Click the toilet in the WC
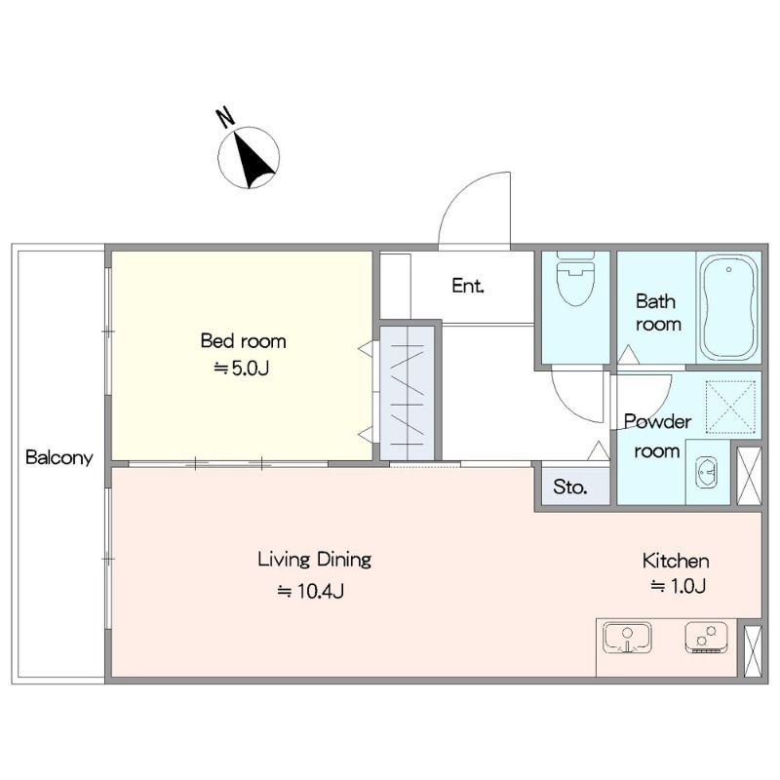click(x=576, y=280)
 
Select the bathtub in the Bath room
click(x=728, y=307)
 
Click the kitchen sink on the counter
click(x=627, y=638)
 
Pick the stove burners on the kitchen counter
click(x=706, y=638)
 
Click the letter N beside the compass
click(x=225, y=117)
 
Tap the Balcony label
click(x=59, y=457)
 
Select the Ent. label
click(x=468, y=286)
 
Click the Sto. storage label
click(x=570, y=487)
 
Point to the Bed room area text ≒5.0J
click(x=242, y=369)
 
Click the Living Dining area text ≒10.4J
click(x=310, y=591)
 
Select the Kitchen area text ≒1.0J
click(x=679, y=586)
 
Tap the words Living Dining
click(x=314, y=560)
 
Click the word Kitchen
click(x=676, y=562)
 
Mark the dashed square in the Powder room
click(x=730, y=404)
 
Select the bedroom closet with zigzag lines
click(x=408, y=393)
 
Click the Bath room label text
click(x=657, y=313)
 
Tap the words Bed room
click(x=243, y=341)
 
